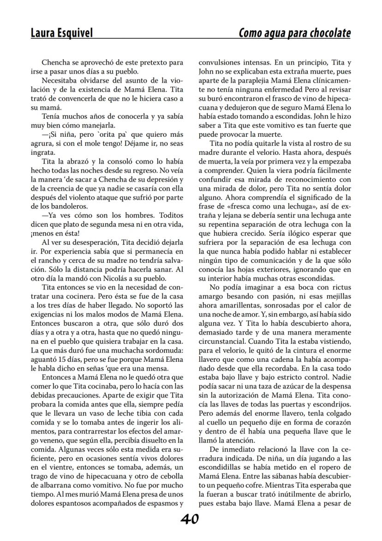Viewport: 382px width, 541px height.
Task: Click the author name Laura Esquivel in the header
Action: click(61, 33)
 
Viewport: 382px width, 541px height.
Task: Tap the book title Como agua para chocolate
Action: click(294, 33)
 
